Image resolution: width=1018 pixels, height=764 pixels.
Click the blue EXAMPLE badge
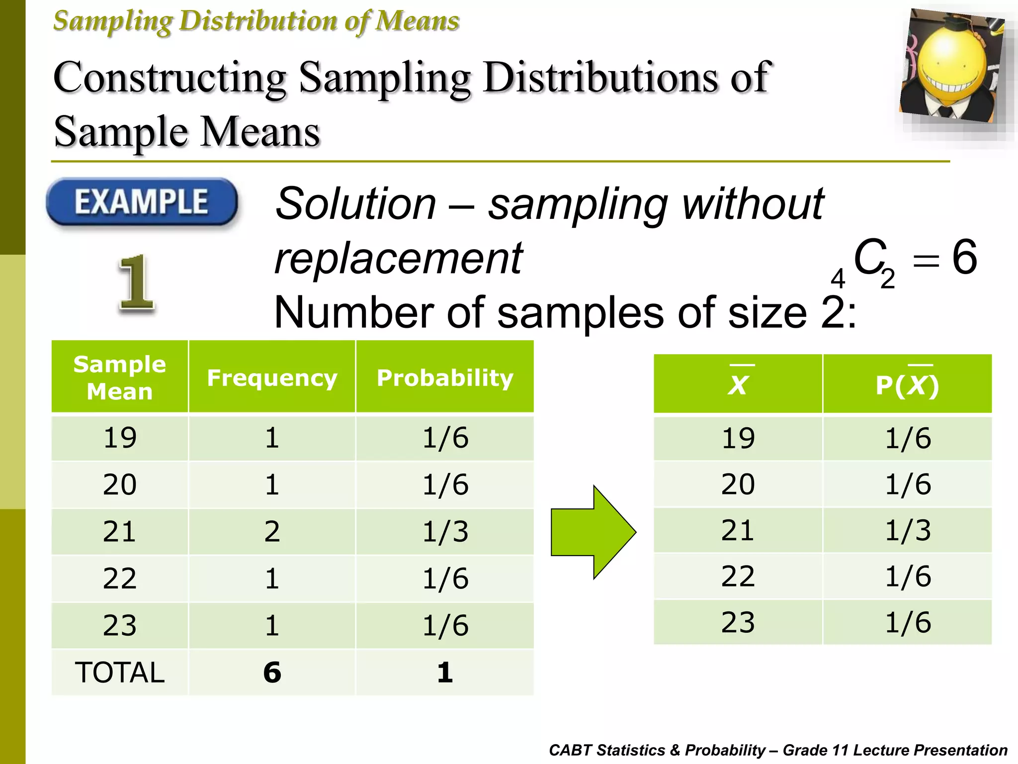coord(142,202)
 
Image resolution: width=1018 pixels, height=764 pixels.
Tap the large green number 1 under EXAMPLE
coord(136,283)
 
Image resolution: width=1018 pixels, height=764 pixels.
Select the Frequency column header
coord(272,378)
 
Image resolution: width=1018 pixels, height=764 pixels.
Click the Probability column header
coord(445,378)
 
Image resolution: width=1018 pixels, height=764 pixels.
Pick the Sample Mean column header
coord(120,378)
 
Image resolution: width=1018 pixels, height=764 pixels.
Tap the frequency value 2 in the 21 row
coord(272,531)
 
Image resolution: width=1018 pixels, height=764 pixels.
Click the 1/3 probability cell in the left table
coord(445,531)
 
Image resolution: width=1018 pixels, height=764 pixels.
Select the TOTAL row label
coord(120,672)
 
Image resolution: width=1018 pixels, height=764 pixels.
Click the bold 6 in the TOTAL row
coord(272,672)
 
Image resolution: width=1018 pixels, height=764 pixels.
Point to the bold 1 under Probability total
coord(445,672)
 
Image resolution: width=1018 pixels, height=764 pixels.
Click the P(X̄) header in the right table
coord(907,384)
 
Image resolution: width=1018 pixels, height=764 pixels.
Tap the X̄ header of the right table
coord(738,384)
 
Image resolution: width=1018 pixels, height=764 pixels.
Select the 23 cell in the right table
coord(738,622)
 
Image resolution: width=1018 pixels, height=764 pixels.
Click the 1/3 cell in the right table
coord(908,530)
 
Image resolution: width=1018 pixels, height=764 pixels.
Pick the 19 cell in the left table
coord(120,438)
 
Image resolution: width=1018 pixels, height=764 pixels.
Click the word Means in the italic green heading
coord(417,21)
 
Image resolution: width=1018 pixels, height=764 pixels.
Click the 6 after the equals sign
coord(964,257)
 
